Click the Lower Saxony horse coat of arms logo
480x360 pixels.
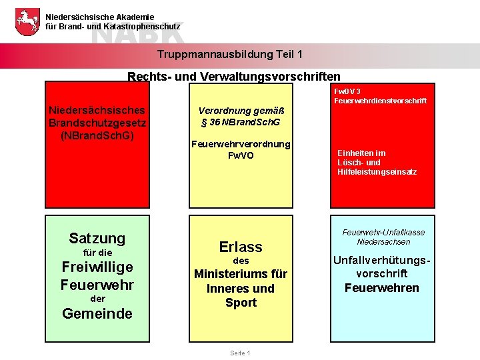pos(27,22)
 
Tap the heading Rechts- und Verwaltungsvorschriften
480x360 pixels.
pos(234,77)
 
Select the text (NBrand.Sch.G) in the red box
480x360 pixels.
pos(97,135)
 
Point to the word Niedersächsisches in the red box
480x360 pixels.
pos(97,110)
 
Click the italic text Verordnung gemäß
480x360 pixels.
pos(241,111)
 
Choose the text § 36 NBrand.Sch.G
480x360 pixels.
pos(241,123)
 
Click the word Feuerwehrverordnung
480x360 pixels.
pos(241,144)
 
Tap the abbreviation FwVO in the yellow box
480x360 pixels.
pos(241,155)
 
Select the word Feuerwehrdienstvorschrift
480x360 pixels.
pos(381,101)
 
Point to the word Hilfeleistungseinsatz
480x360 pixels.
pos(377,172)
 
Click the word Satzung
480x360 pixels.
pos(97,238)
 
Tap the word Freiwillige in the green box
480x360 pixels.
pos(97,267)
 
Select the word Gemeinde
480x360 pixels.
pos(97,313)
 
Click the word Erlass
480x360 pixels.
pos(241,247)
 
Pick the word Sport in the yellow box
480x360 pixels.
pos(241,303)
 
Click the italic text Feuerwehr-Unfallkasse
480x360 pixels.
pos(383,233)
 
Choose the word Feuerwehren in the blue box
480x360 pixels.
pos(382,288)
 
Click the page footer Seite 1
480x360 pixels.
pos(239,353)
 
